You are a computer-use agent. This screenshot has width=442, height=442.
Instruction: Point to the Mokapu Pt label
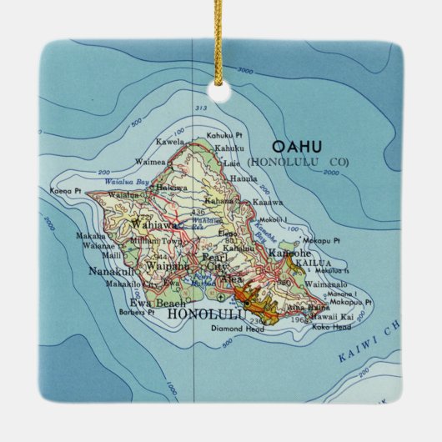[322, 240]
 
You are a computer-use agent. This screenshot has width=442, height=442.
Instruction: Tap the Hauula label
[243, 178]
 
